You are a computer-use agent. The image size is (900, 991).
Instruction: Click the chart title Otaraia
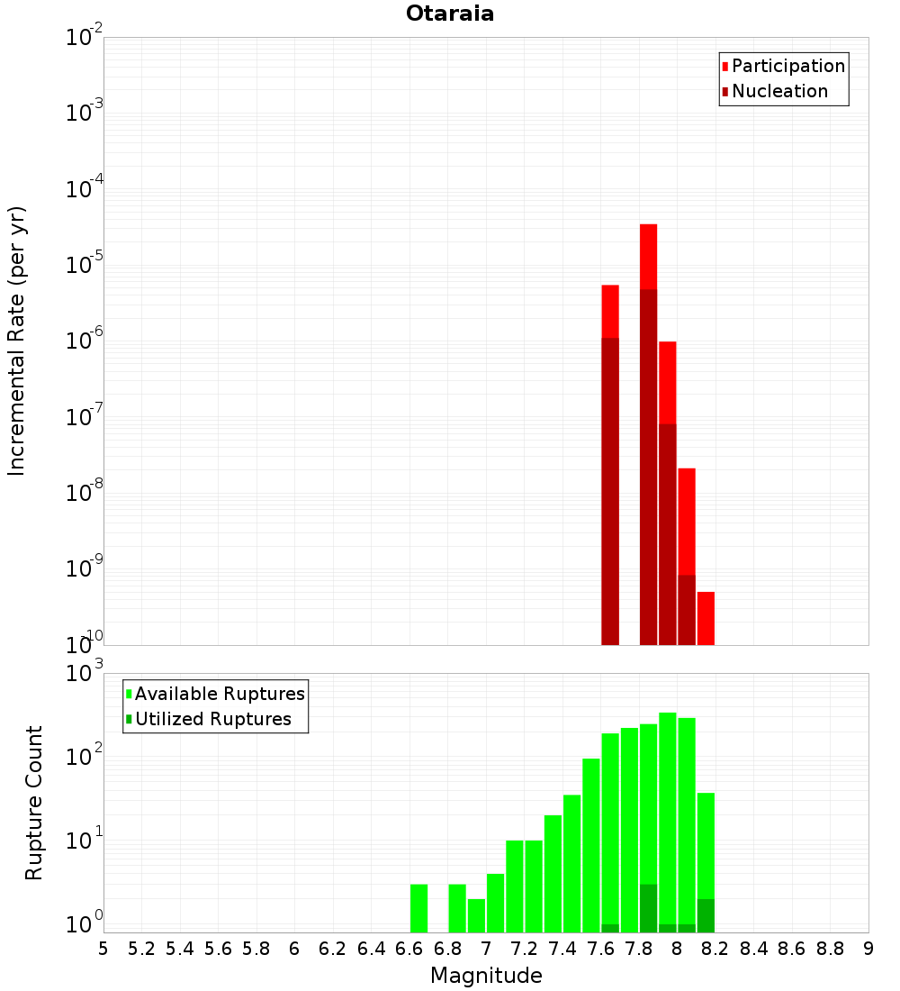click(450, 14)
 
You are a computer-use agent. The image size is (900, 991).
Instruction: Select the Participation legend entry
click(788, 67)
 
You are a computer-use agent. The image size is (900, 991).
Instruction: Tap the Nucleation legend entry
click(779, 92)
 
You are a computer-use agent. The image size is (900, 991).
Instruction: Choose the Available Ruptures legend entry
click(220, 694)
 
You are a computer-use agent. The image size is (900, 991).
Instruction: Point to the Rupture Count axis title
click(34, 803)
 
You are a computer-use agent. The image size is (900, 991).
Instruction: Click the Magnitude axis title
click(486, 976)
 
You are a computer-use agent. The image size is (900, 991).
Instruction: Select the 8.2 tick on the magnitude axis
click(715, 949)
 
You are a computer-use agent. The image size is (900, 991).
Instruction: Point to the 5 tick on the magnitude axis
click(103, 949)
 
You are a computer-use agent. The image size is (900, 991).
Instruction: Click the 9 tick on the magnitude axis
click(868, 949)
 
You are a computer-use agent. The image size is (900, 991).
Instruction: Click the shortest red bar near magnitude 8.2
click(706, 618)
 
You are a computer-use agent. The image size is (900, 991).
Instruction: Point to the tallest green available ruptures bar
click(668, 811)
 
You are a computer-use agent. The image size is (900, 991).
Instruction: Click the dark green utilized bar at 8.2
click(706, 915)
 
